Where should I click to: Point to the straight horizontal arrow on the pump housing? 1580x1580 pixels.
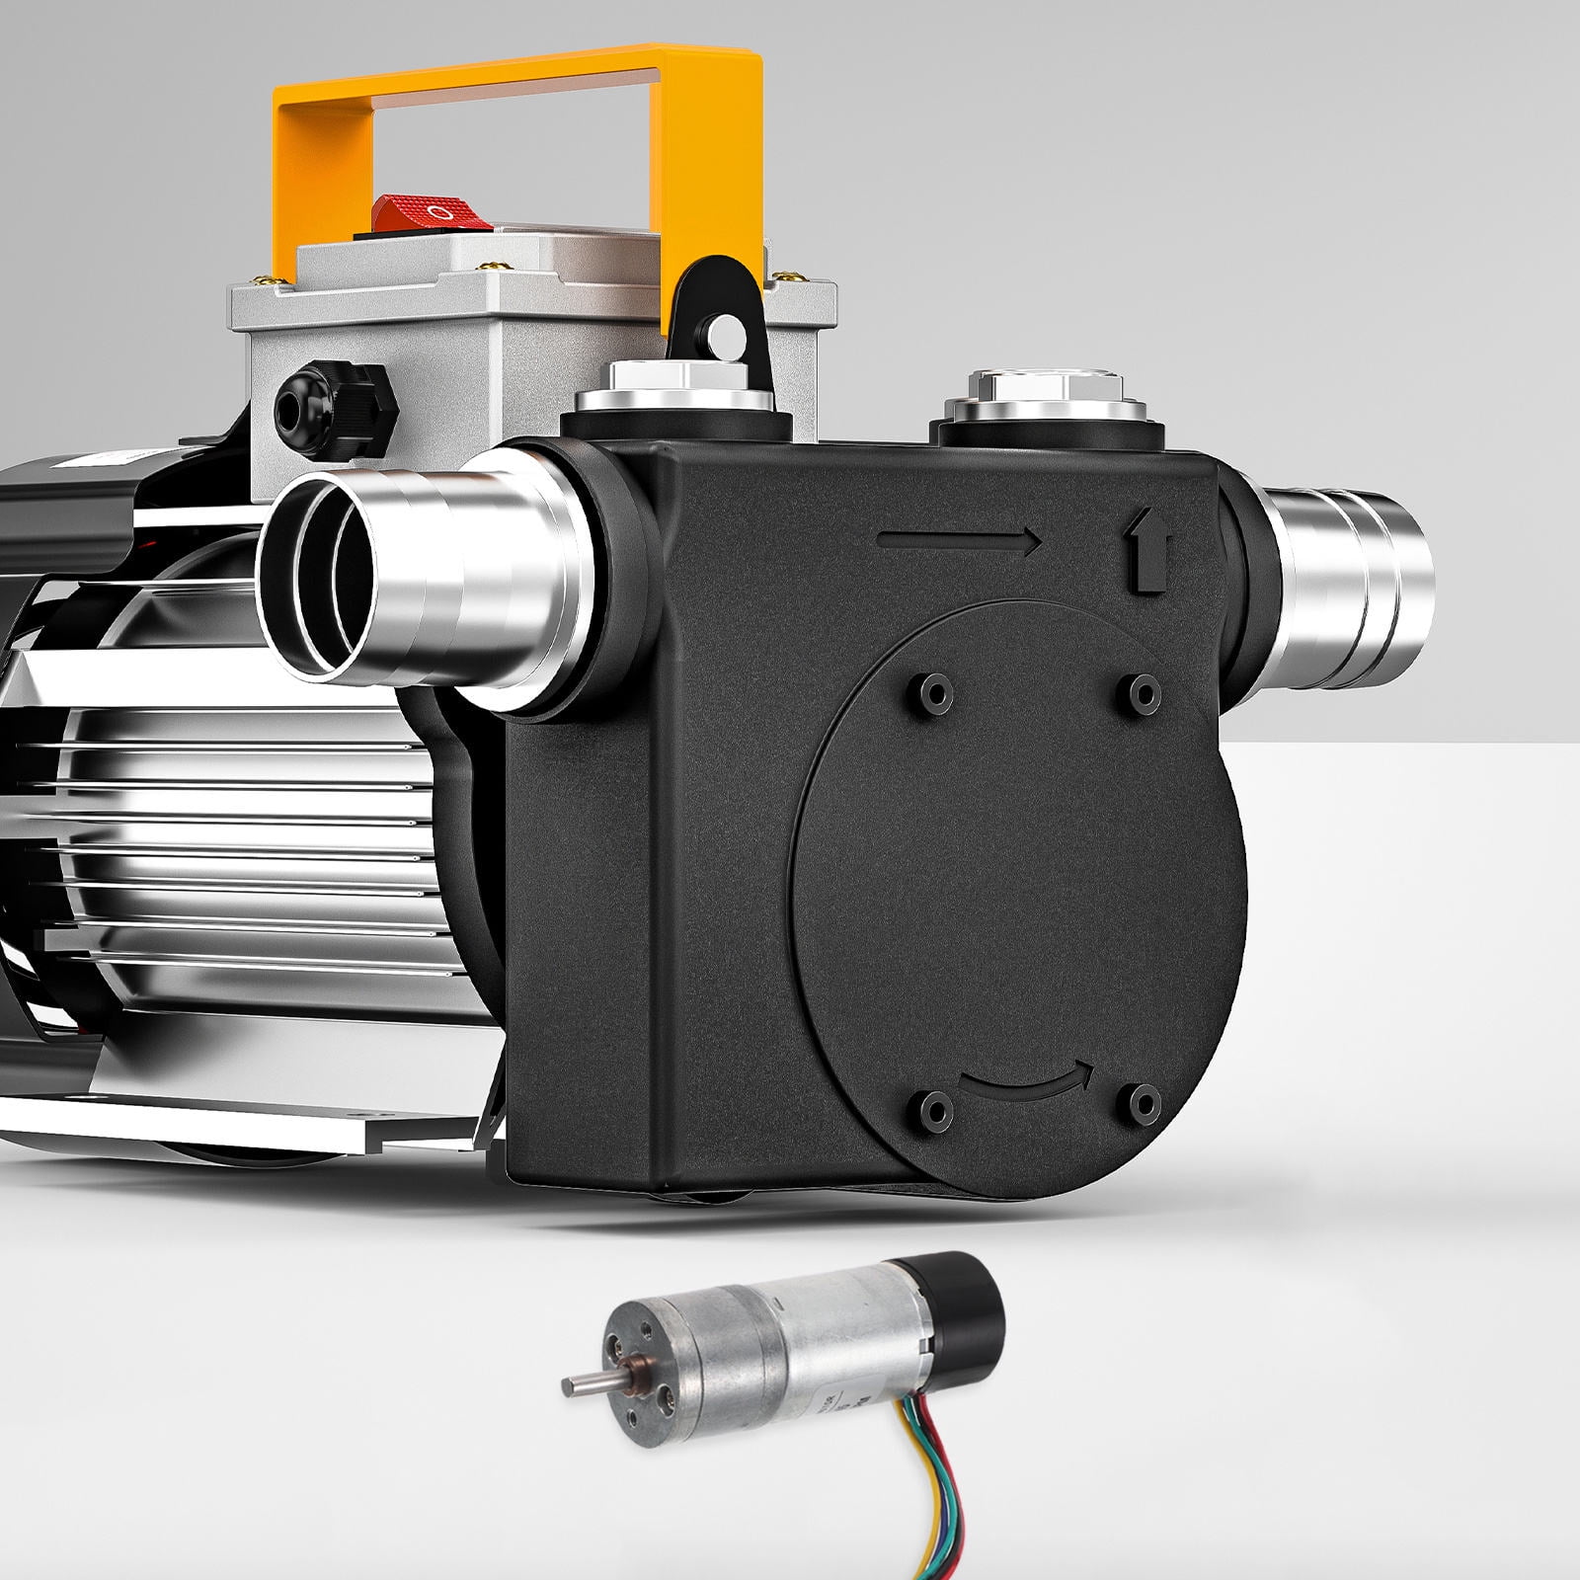coord(958,541)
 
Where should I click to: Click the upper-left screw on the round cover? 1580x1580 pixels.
coord(931,694)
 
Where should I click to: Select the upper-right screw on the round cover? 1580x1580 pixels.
coord(1144,694)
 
